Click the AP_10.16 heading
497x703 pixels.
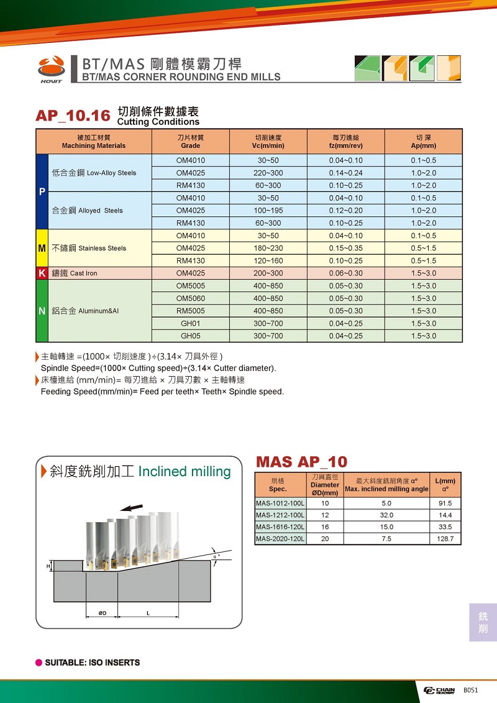(x=73, y=116)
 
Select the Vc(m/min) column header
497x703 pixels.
(x=268, y=142)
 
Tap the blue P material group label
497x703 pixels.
(x=42, y=191)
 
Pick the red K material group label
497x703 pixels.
(x=42, y=273)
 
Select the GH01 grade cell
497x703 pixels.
(x=190, y=323)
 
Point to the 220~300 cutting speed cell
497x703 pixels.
(x=268, y=173)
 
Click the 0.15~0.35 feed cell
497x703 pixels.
(x=345, y=248)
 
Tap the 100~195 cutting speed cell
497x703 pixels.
(x=268, y=210)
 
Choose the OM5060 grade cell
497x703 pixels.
(x=190, y=298)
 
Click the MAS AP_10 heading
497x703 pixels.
(x=301, y=462)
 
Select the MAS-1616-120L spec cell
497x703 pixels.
(x=280, y=527)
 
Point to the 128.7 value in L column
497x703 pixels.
(x=445, y=539)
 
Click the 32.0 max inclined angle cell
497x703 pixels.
(x=386, y=515)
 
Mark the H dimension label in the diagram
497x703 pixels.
(x=48, y=566)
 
